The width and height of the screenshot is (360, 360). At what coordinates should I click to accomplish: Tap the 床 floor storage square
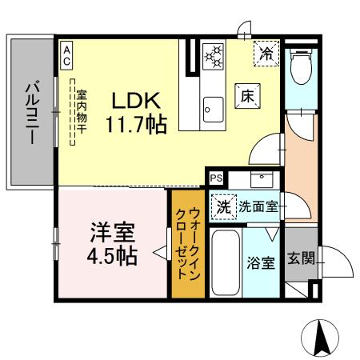pyautogui.click(x=244, y=94)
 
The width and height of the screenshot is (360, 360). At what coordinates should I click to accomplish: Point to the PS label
pyautogui.click(x=215, y=178)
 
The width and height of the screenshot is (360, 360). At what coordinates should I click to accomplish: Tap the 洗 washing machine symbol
pyautogui.click(x=224, y=206)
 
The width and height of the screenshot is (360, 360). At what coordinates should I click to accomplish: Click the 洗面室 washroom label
pyautogui.click(x=258, y=206)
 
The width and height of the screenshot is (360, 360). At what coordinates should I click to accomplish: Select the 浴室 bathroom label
pyautogui.click(x=262, y=262)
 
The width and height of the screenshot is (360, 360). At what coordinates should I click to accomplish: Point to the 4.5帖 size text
pyautogui.click(x=111, y=256)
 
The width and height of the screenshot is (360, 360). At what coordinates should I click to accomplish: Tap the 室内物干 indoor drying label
pyautogui.click(x=80, y=112)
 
